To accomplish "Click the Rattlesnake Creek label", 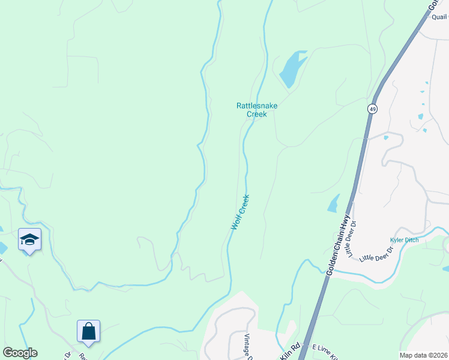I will [256, 110].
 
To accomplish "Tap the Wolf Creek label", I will [240, 212].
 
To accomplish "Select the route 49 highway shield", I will [373, 109].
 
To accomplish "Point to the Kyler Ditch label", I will [404, 240].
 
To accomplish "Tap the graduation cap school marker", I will [29, 240].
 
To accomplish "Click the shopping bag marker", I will [88, 331].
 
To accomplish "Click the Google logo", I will [20, 353].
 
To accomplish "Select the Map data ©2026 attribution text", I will [423, 355].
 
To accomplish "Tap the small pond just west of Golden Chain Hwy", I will [333, 203].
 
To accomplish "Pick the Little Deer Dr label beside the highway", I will [352, 238].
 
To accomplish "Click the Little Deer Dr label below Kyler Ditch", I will [376, 254].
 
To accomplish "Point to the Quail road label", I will [440, 17].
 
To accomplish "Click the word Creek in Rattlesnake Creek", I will [256, 114].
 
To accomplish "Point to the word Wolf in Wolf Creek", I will [237, 221].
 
